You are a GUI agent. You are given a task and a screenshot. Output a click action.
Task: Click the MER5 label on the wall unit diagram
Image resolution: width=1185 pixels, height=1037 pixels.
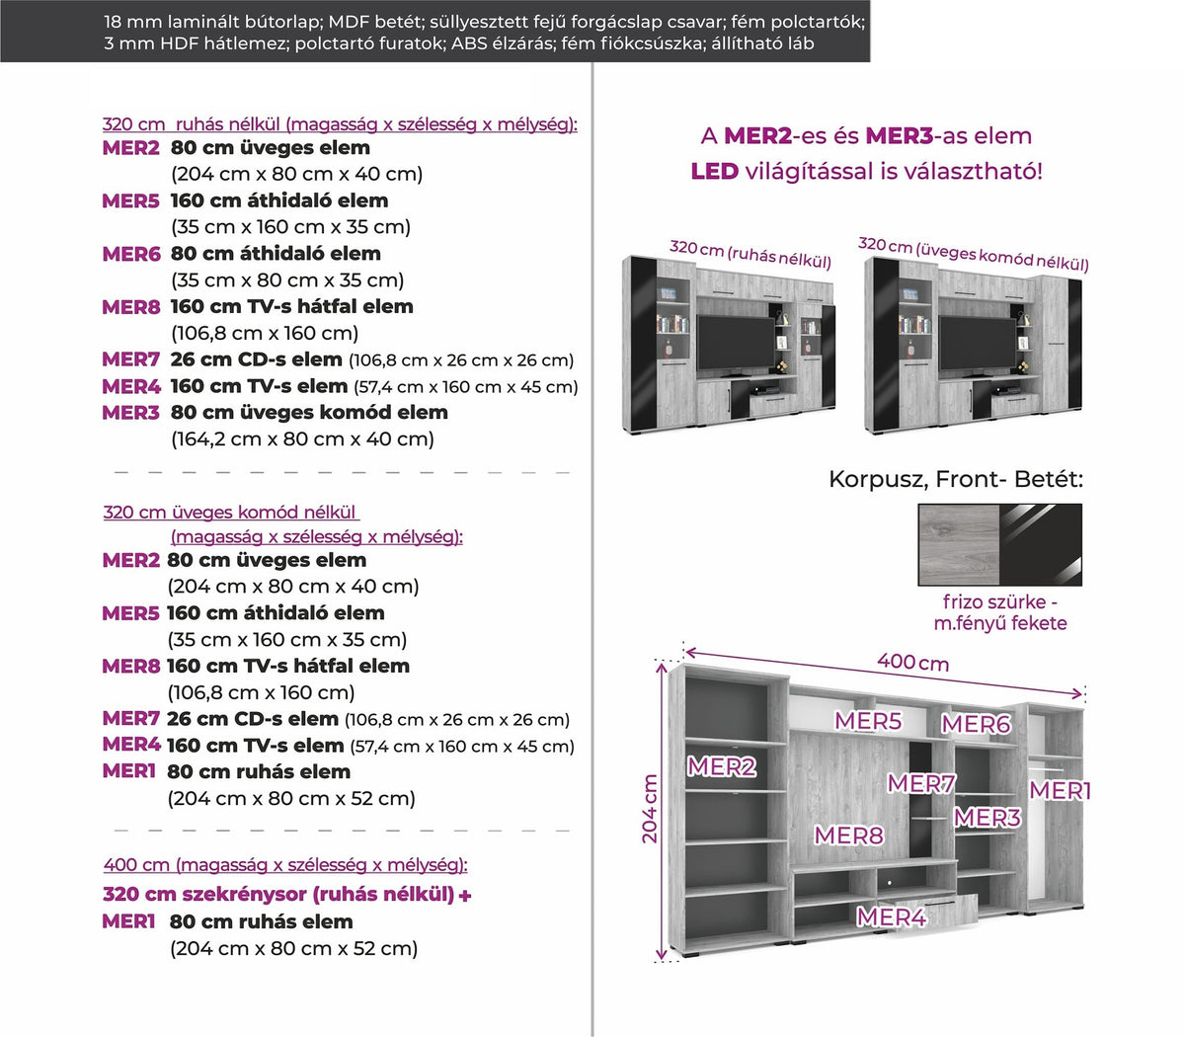pyautogui.click(x=868, y=721)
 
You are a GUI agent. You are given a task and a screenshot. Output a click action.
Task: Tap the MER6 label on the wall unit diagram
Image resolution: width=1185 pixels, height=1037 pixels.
pyautogui.click(x=976, y=724)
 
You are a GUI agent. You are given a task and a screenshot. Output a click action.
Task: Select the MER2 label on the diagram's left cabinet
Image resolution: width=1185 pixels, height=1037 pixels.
pyautogui.click(x=722, y=766)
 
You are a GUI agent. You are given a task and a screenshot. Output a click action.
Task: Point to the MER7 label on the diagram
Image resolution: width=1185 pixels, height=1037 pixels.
pyautogui.click(x=921, y=783)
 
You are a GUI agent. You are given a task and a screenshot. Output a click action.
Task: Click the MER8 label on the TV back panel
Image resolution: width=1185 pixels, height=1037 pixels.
pyautogui.click(x=849, y=836)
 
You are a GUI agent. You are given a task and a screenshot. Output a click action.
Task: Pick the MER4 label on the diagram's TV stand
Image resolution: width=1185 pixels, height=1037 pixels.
pyautogui.click(x=892, y=917)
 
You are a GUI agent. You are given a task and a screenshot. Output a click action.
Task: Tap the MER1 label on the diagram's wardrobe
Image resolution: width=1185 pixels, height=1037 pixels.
pyautogui.click(x=1060, y=790)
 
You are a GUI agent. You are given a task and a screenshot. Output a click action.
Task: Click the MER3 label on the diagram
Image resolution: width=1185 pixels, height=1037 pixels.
pyautogui.click(x=987, y=818)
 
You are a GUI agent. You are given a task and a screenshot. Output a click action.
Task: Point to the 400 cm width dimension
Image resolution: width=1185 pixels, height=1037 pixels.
pyautogui.click(x=912, y=662)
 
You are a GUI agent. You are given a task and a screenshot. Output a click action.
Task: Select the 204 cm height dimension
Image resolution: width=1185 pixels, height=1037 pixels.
pyautogui.click(x=650, y=809)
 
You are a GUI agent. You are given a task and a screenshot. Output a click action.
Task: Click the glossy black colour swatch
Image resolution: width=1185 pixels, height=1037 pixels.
pyautogui.click(x=1041, y=544)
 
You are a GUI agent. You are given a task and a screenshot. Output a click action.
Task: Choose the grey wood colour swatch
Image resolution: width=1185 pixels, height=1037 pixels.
pyautogui.click(x=959, y=544)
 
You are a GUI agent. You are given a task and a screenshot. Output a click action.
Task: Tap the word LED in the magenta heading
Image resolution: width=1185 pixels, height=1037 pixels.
pyautogui.click(x=714, y=172)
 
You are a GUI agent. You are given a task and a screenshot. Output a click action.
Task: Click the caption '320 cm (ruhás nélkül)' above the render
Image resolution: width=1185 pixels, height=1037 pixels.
pyautogui.click(x=750, y=255)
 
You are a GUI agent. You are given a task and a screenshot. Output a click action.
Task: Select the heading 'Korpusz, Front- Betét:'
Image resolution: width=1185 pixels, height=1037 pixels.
pyautogui.click(x=956, y=480)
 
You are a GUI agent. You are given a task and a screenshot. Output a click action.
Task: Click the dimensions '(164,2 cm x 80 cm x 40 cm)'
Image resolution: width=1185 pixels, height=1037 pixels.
pyautogui.click(x=302, y=439)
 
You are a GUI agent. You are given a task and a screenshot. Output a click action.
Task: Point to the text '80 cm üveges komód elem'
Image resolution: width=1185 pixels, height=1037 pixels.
pyautogui.click(x=309, y=412)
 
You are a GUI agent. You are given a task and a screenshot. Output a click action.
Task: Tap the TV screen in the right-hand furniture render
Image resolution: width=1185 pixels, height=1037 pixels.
pyautogui.click(x=977, y=343)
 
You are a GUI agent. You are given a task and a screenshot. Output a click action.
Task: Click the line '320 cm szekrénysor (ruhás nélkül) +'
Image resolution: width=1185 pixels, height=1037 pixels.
pyautogui.click(x=287, y=894)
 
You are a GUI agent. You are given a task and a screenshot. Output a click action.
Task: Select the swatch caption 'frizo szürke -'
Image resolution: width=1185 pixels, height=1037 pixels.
pyautogui.click(x=1000, y=601)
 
